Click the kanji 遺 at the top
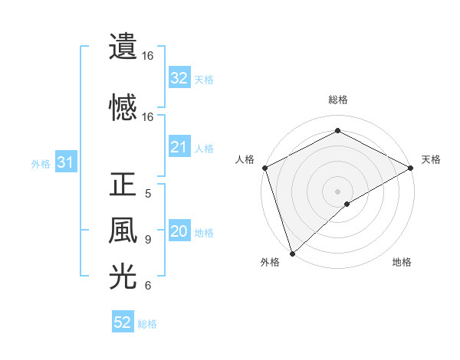coord(123,47)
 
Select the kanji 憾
coord(123,106)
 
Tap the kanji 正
coord(123,185)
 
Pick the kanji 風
coord(123,231)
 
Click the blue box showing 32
coord(179,78)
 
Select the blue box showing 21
coord(179,148)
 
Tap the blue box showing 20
coord(179,232)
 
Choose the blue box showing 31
coord(65,162)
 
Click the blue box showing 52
coord(123,322)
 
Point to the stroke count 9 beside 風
coord(148,240)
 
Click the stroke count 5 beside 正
coord(148,194)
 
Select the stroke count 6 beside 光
coord(148,286)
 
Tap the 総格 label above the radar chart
coord(337,100)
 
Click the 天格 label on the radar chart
coord(431,159)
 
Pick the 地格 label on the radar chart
coord(402,263)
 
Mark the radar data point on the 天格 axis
coord(411,168)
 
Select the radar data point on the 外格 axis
coord(292,253)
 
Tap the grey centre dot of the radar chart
coord(337,191)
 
